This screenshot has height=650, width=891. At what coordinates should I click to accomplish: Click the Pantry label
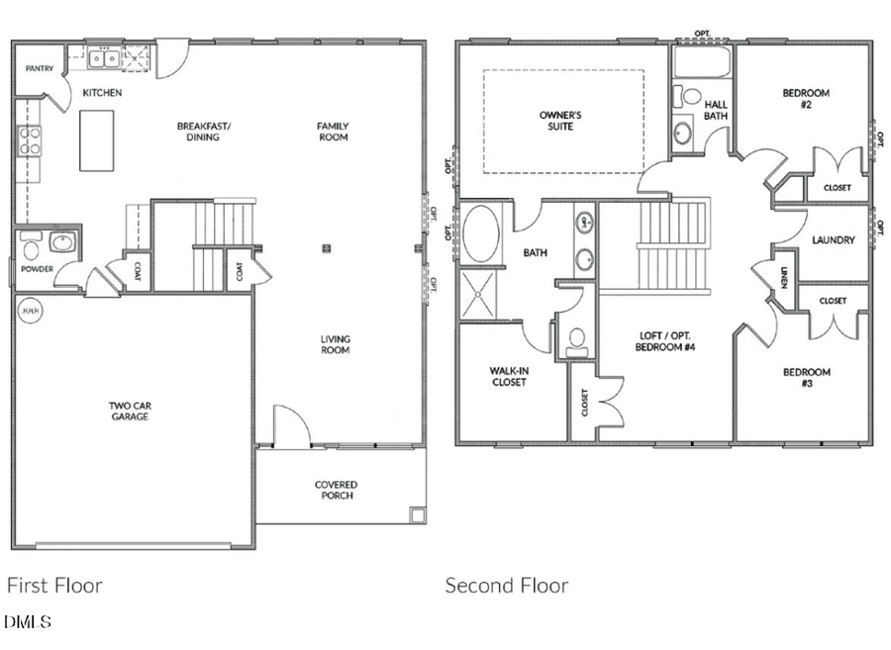click(40, 69)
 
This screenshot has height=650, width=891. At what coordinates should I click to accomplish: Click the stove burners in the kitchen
click(29, 141)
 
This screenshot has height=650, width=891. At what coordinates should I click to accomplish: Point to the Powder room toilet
click(29, 246)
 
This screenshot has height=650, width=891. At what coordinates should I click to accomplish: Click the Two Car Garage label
click(130, 411)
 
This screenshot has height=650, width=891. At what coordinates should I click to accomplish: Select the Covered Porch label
click(336, 490)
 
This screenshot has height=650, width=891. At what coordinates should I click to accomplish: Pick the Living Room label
click(335, 344)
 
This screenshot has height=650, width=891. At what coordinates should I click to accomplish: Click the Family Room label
click(333, 132)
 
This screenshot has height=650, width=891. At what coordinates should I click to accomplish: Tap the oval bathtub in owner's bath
click(482, 233)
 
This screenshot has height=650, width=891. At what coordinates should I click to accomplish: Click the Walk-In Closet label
click(508, 376)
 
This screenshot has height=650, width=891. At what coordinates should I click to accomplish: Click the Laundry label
click(833, 240)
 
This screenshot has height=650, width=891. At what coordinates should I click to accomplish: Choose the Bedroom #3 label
click(807, 378)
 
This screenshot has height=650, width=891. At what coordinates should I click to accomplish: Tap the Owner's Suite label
click(560, 121)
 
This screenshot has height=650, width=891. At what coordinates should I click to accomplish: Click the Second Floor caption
click(507, 586)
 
